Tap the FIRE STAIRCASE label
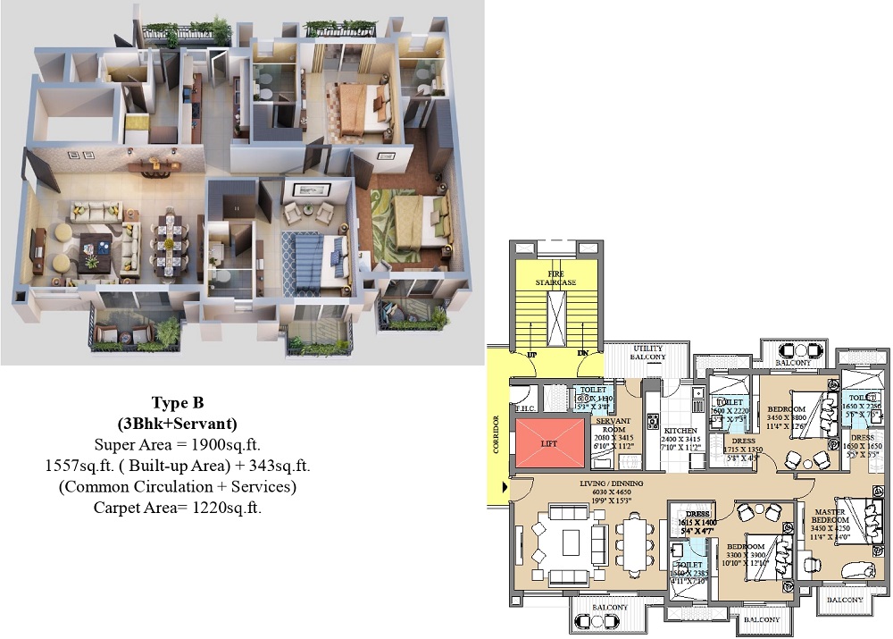[x=555, y=277]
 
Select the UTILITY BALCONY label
[x=648, y=352]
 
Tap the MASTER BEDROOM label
[x=830, y=517]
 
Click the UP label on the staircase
[x=532, y=355]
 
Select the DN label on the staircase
[x=582, y=355]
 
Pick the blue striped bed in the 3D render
[x=313, y=251]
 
